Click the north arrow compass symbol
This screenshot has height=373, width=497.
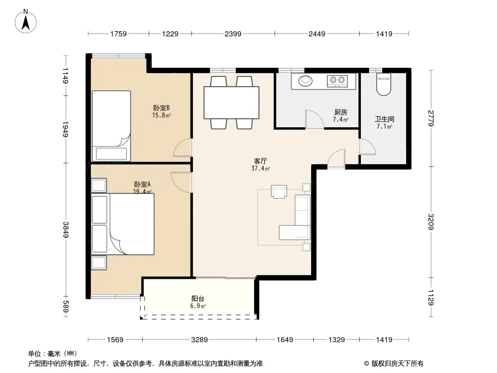pos(26,21)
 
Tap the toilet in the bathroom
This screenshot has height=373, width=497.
pos(384,84)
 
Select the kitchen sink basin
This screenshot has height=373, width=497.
pos(305,81)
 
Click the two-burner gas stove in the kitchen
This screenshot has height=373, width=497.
pos(337,81)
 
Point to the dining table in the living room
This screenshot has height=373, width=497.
pos(231,103)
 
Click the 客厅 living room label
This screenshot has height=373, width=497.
pos(260,161)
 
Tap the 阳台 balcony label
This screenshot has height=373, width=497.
pos(198,298)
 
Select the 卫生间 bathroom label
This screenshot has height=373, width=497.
pos(385,119)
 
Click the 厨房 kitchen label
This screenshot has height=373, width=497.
pos(341,112)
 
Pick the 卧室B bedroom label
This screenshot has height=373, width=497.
pos(161,108)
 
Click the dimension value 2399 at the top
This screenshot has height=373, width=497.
pos(233,34)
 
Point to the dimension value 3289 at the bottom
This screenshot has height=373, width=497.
pos(200,340)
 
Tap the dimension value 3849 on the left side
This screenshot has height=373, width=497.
pos(66,229)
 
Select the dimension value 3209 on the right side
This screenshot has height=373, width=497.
pos(431,222)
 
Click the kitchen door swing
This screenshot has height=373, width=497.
pos(314,119)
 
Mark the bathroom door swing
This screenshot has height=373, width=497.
pos(367,147)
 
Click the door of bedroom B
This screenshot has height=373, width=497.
pos(183,148)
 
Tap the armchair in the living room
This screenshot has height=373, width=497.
pos(279,192)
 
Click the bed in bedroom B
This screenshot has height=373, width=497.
pos(111,126)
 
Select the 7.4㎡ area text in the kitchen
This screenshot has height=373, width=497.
pos(341,119)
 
